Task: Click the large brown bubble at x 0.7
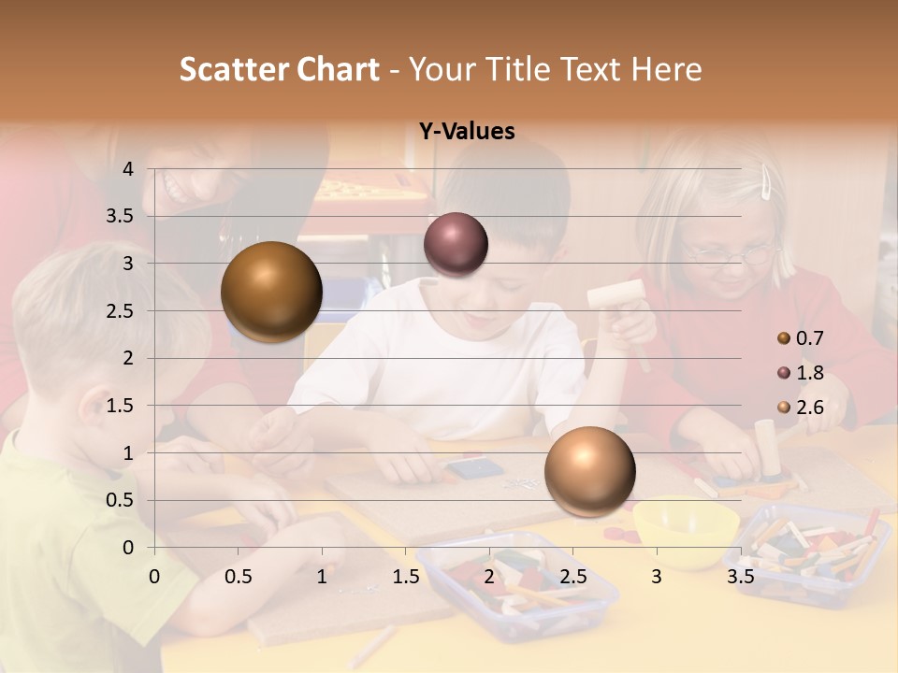[x=271, y=292]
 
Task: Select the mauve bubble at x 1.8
[x=456, y=244]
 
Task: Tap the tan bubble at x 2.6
[x=589, y=471]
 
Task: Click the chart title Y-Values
[x=467, y=132]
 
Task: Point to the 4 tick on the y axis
[x=128, y=169]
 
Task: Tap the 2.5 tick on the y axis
[x=121, y=311]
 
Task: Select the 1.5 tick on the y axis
[x=121, y=406]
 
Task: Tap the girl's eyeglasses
[x=731, y=251]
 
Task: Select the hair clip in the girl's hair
[x=766, y=181]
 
